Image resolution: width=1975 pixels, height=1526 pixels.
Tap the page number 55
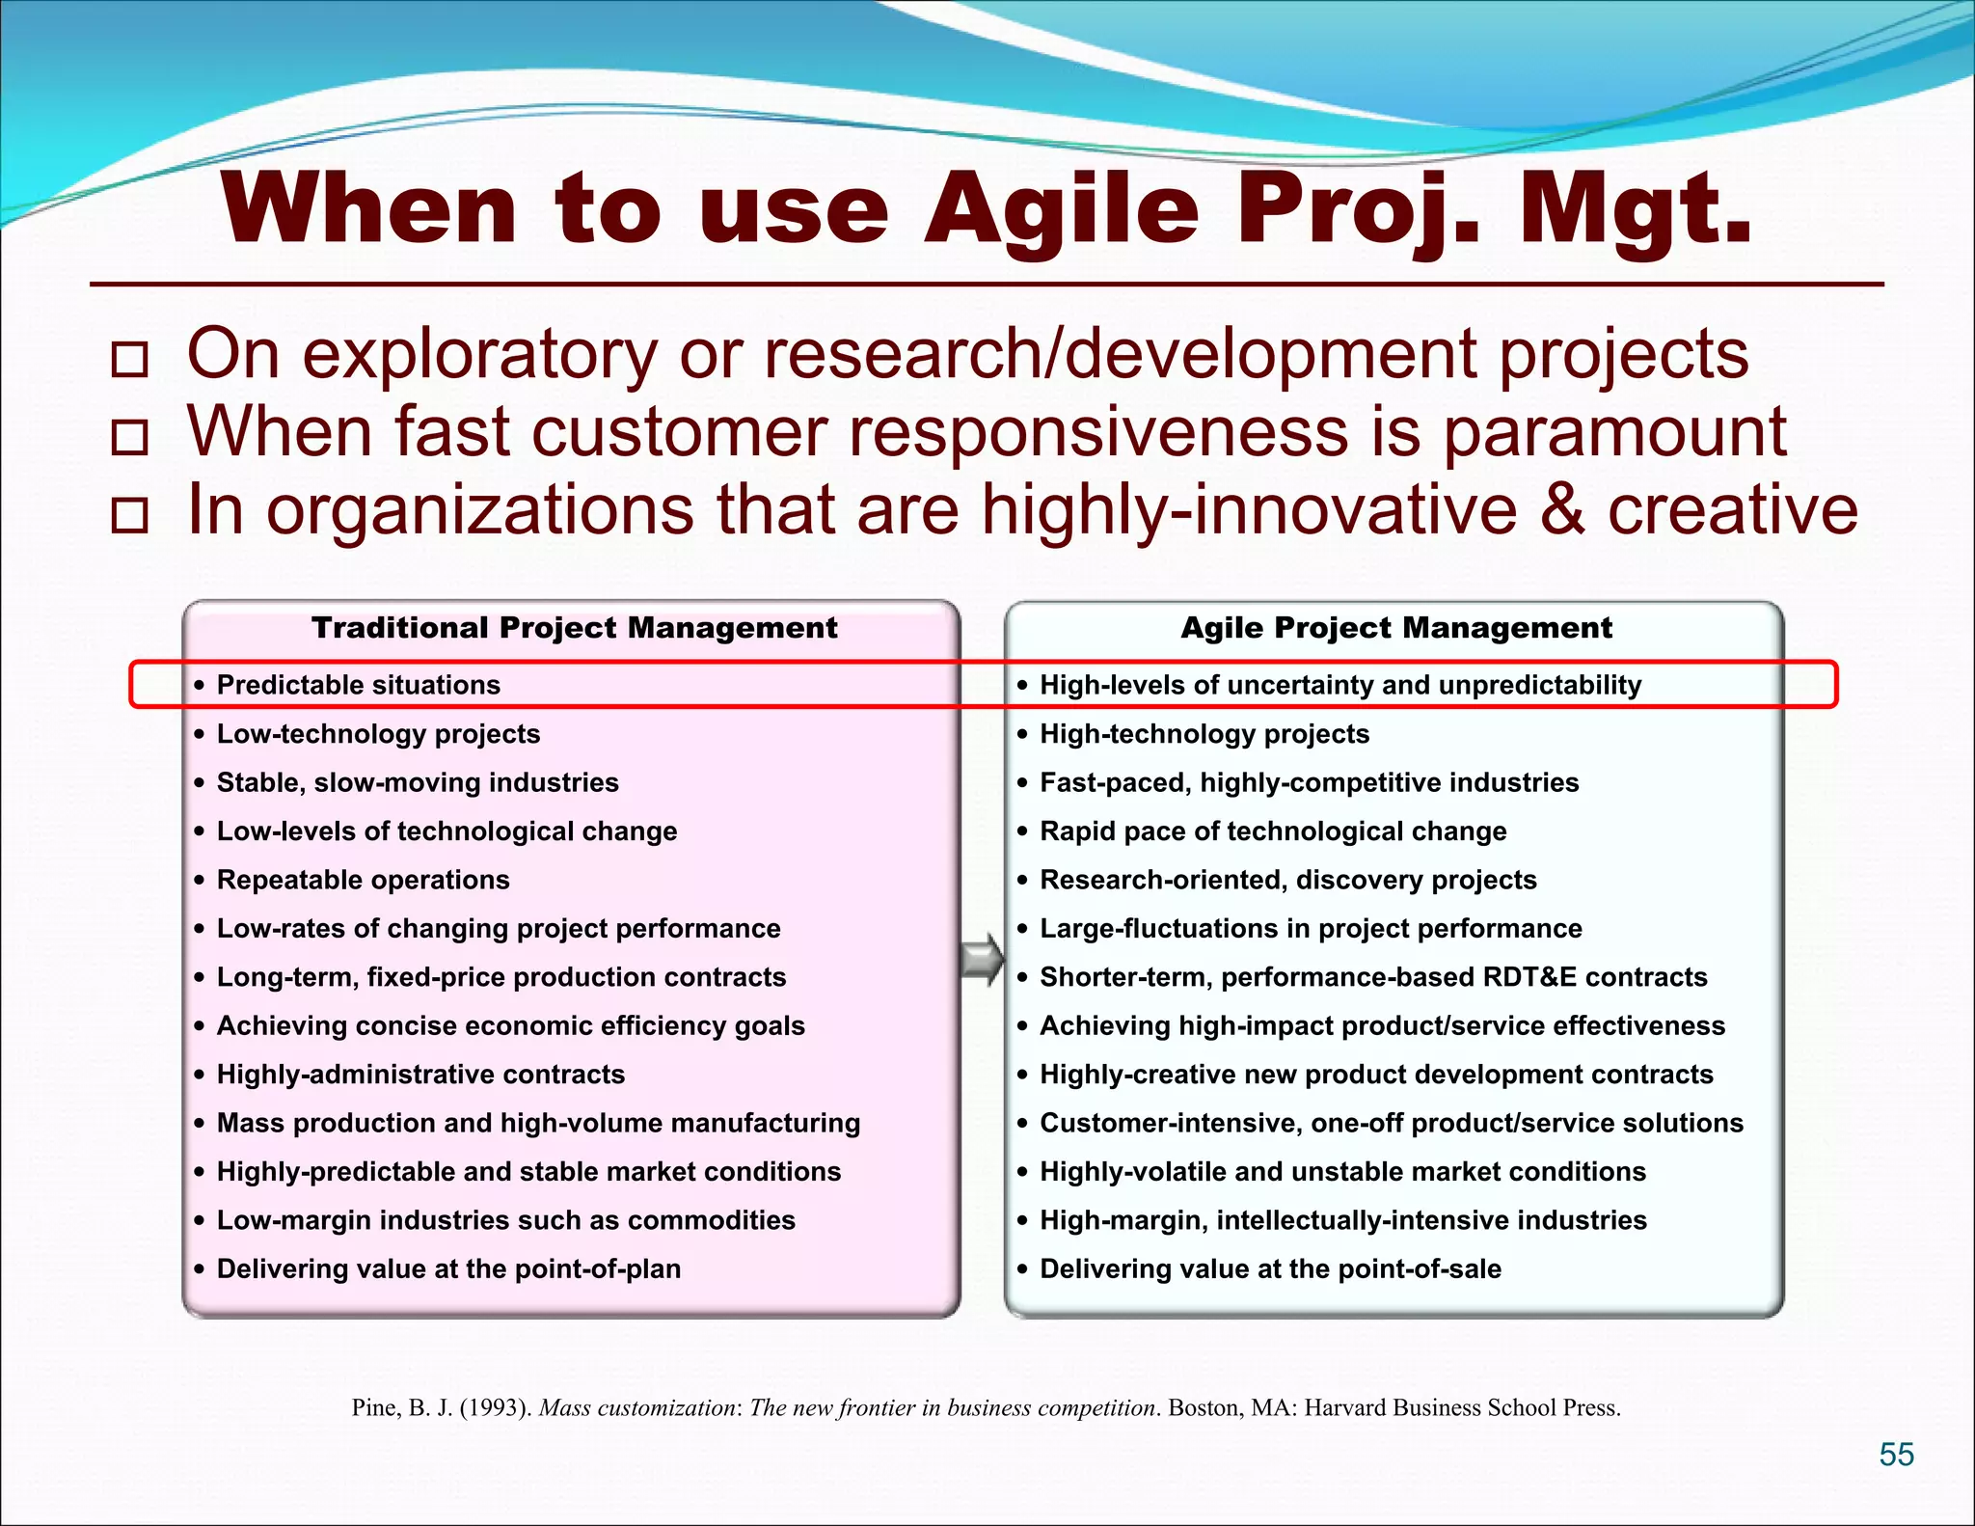pos(1896,1455)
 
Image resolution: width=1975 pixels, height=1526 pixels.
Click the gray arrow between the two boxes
pos(982,960)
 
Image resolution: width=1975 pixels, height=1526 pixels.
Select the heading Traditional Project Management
pos(574,628)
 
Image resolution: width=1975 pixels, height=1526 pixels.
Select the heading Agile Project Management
pos(1395,628)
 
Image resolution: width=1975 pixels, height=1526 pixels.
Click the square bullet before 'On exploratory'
pos(129,360)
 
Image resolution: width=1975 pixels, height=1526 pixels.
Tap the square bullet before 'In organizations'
pos(129,516)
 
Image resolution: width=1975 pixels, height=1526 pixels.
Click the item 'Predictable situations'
pos(358,685)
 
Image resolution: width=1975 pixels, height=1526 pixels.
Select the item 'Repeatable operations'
pos(363,880)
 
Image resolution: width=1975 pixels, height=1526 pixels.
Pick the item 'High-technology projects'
pos(1204,734)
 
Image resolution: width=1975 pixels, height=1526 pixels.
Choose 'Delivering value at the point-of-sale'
pos(1269,1268)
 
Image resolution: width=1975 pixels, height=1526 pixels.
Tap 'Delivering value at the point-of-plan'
pos(448,1268)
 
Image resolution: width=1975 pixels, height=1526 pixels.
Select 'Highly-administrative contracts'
pos(420,1075)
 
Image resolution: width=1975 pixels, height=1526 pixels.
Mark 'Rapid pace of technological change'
pos(1272,831)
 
